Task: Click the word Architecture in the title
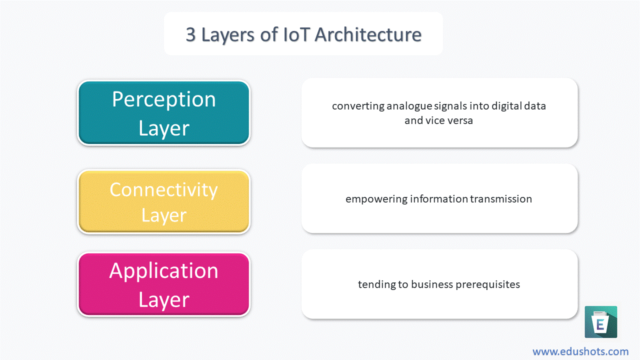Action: (x=368, y=34)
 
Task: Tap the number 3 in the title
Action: (x=191, y=35)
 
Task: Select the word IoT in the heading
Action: (x=296, y=34)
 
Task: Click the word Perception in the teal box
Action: (x=163, y=100)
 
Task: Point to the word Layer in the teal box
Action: (x=164, y=129)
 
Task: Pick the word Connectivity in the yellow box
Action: (x=163, y=190)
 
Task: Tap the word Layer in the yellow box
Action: (x=164, y=215)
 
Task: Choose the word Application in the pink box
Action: (x=163, y=271)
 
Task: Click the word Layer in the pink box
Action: (x=164, y=300)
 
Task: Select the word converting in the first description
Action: (x=358, y=106)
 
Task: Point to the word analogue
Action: (x=409, y=106)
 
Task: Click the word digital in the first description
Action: (x=507, y=106)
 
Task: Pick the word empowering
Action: (x=376, y=199)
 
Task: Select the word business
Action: (x=432, y=284)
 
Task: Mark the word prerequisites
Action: (x=487, y=284)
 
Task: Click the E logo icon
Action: (x=601, y=322)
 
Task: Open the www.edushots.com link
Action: (x=580, y=351)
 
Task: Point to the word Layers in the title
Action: (x=227, y=35)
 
